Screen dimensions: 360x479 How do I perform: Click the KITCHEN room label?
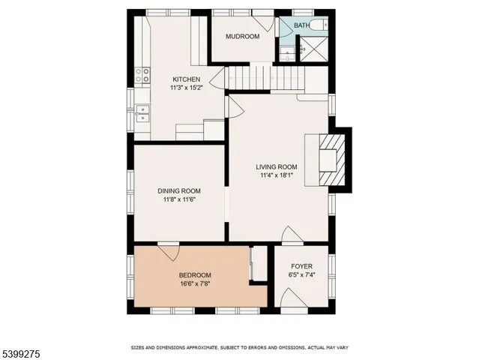187,79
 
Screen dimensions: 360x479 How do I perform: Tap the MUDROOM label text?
243,36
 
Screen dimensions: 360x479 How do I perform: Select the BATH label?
301,25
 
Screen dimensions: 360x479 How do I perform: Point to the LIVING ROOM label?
276,167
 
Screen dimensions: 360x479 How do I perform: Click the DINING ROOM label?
179,191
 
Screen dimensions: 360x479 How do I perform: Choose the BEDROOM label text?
194,275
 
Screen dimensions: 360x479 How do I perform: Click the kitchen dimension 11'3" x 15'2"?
187,88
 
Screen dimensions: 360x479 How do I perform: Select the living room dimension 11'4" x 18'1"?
276,175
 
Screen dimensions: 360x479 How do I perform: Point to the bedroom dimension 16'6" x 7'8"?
194,284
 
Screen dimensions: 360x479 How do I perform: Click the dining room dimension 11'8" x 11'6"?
179,200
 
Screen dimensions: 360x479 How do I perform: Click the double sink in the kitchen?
141,114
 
